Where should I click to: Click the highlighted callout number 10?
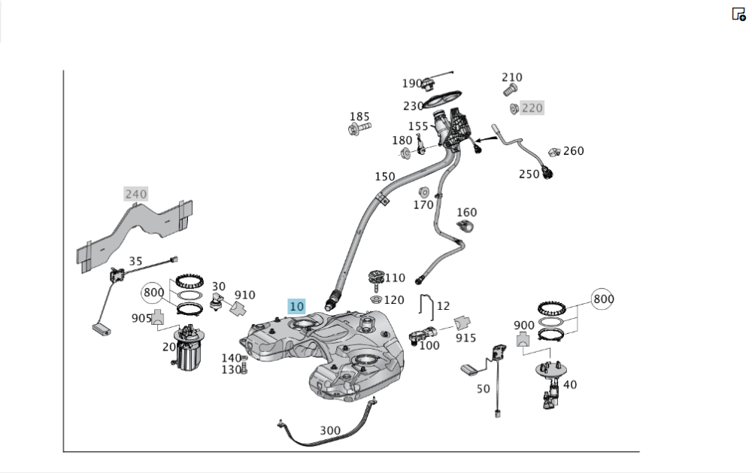coord(297,306)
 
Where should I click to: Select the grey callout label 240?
coord(136,194)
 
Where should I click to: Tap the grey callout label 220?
coord(532,108)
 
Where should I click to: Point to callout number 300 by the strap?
coord(330,431)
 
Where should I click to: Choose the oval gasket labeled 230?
coord(443,99)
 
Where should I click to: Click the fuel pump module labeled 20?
coord(185,351)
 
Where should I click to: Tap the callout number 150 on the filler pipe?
coord(385,177)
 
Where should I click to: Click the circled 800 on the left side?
coord(153,293)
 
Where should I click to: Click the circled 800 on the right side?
coord(603,299)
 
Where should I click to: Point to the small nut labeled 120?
coord(374,300)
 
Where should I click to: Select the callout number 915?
coord(465,338)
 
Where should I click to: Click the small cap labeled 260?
coord(555,153)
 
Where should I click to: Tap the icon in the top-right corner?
coord(738,14)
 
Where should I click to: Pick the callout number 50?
coord(483,389)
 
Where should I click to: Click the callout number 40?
coord(570,385)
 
